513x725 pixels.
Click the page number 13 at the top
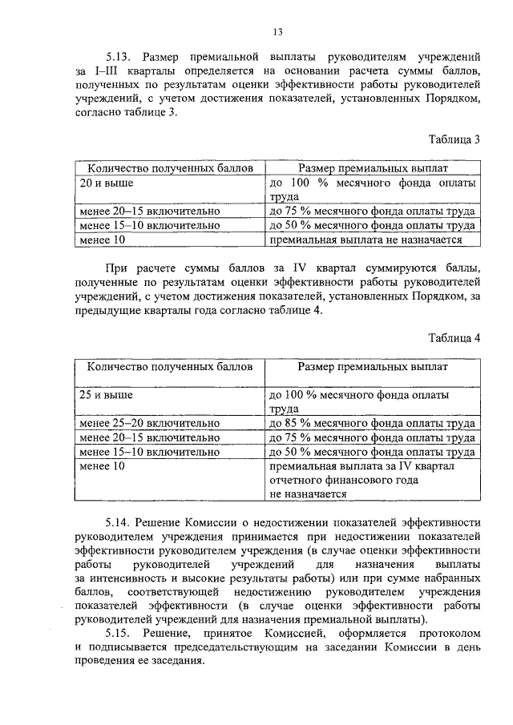277,32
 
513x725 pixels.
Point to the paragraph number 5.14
119,521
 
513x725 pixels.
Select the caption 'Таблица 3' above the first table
454,139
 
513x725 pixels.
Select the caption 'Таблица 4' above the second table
454,337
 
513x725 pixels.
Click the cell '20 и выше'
103,183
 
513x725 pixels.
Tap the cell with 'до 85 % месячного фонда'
373,424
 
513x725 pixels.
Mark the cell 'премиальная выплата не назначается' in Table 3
366,240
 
